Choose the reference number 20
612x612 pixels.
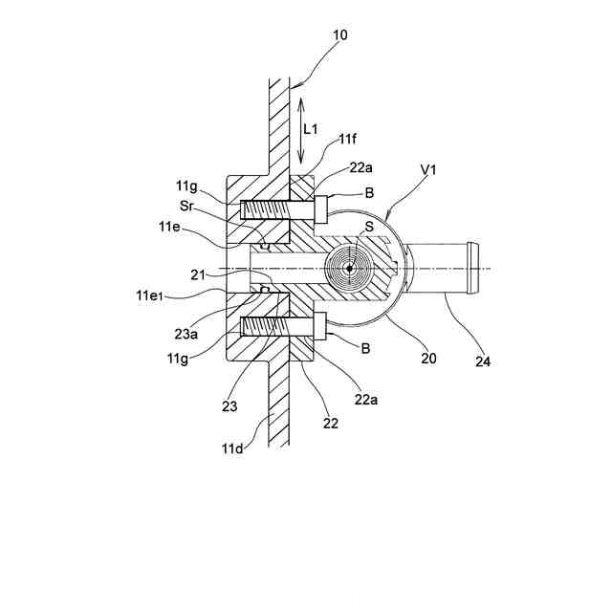tap(428, 359)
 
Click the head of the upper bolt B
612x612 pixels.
tap(320, 208)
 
